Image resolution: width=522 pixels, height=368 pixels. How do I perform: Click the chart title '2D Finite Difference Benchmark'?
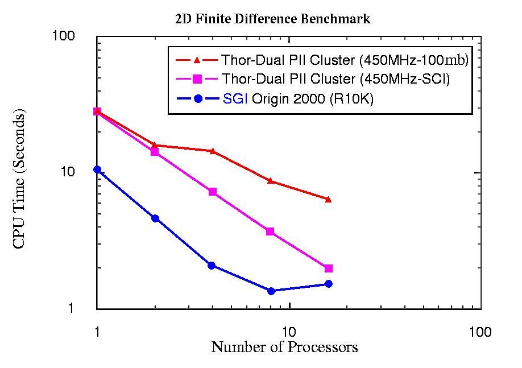(x=273, y=19)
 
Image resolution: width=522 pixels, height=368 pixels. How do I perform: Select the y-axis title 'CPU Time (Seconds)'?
(x=19, y=180)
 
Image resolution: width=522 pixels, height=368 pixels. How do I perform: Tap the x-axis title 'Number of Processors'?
(x=284, y=347)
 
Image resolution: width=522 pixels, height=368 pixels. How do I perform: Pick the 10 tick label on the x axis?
(x=289, y=332)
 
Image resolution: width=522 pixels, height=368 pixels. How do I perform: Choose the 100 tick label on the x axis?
(x=480, y=332)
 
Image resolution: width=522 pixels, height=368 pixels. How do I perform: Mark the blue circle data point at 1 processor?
(x=97, y=169)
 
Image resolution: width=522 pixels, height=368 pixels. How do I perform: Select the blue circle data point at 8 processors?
(x=271, y=291)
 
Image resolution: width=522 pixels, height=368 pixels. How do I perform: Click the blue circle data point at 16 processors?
(x=329, y=284)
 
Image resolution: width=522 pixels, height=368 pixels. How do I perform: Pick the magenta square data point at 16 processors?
(x=329, y=268)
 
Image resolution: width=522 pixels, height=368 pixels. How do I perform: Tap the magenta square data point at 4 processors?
(x=213, y=192)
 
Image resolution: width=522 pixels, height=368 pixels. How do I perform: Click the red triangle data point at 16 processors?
(x=328, y=199)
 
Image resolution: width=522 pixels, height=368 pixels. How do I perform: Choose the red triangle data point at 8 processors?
(x=271, y=181)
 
